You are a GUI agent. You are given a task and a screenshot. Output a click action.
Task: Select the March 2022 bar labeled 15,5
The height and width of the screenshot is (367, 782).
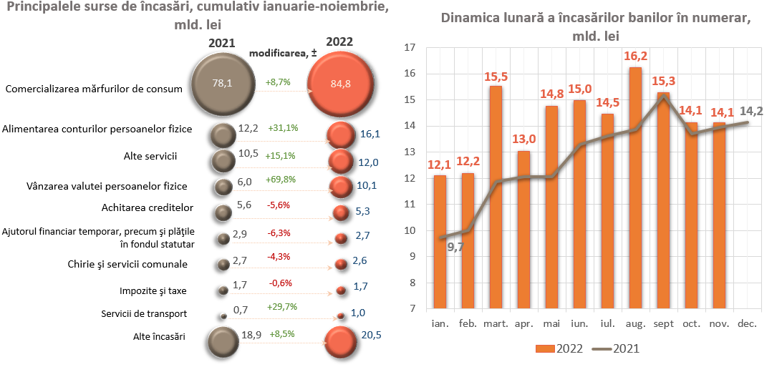496,197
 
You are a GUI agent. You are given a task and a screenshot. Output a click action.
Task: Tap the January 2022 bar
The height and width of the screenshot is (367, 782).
440,242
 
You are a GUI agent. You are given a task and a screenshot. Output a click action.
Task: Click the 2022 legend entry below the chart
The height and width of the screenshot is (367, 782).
559,348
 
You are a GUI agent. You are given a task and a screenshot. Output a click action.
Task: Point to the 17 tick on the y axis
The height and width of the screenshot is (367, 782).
410,48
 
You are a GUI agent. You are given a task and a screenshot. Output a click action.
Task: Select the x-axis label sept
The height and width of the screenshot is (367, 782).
662,324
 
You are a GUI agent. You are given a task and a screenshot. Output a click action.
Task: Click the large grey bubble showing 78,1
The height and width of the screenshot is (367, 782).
222,83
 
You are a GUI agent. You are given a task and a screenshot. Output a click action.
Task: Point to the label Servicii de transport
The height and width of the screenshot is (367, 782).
144,313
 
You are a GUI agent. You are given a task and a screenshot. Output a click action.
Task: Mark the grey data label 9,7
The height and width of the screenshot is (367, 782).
455,248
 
